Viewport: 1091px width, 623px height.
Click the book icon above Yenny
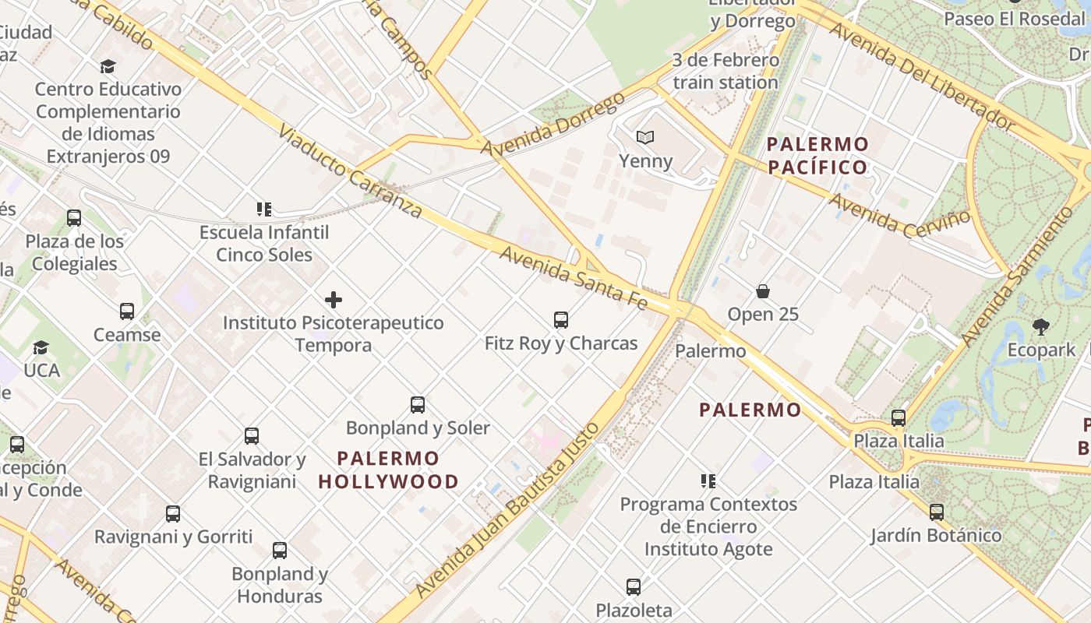point(644,138)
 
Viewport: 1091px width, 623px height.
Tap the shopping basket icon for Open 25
point(763,291)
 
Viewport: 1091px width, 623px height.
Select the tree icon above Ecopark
point(1040,326)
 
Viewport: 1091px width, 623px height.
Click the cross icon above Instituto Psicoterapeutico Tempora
point(334,299)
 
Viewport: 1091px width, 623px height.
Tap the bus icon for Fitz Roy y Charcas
point(560,319)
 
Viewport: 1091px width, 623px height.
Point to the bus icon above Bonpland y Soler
point(418,404)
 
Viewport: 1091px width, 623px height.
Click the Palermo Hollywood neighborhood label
point(389,470)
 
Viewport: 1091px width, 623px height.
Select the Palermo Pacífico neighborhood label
point(817,155)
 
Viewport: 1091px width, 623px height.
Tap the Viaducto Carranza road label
point(350,171)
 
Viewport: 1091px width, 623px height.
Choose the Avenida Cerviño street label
point(899,216)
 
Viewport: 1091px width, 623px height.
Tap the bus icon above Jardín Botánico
point(936,512)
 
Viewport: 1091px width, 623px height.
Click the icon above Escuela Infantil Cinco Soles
point(263,209)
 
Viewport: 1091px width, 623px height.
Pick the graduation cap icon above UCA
point(41,347)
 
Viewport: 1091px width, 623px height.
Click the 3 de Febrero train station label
point(726,71)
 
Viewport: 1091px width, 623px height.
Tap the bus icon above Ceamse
point(127,311)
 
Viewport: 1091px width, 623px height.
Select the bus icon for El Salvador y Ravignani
point(251,435)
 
